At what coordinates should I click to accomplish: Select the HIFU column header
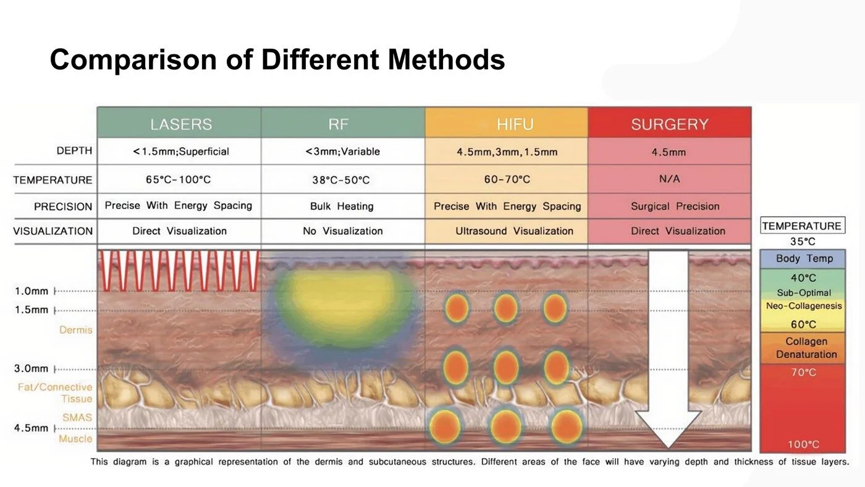pos(515,124)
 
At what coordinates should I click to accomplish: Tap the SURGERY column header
pos(669,124)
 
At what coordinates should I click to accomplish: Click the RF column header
pos(339,124)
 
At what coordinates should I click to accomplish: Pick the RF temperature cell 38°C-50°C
pos(340,180)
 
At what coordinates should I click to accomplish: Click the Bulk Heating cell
pos(342,206)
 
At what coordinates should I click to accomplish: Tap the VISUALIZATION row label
pos(53,231)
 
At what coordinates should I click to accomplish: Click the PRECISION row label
pos(63,206)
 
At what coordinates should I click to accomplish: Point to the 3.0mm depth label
pos(31,369)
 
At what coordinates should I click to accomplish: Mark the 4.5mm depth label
pos(31,428)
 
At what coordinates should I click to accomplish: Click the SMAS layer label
pos(77,418)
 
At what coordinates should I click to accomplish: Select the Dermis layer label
pos(75,330)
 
